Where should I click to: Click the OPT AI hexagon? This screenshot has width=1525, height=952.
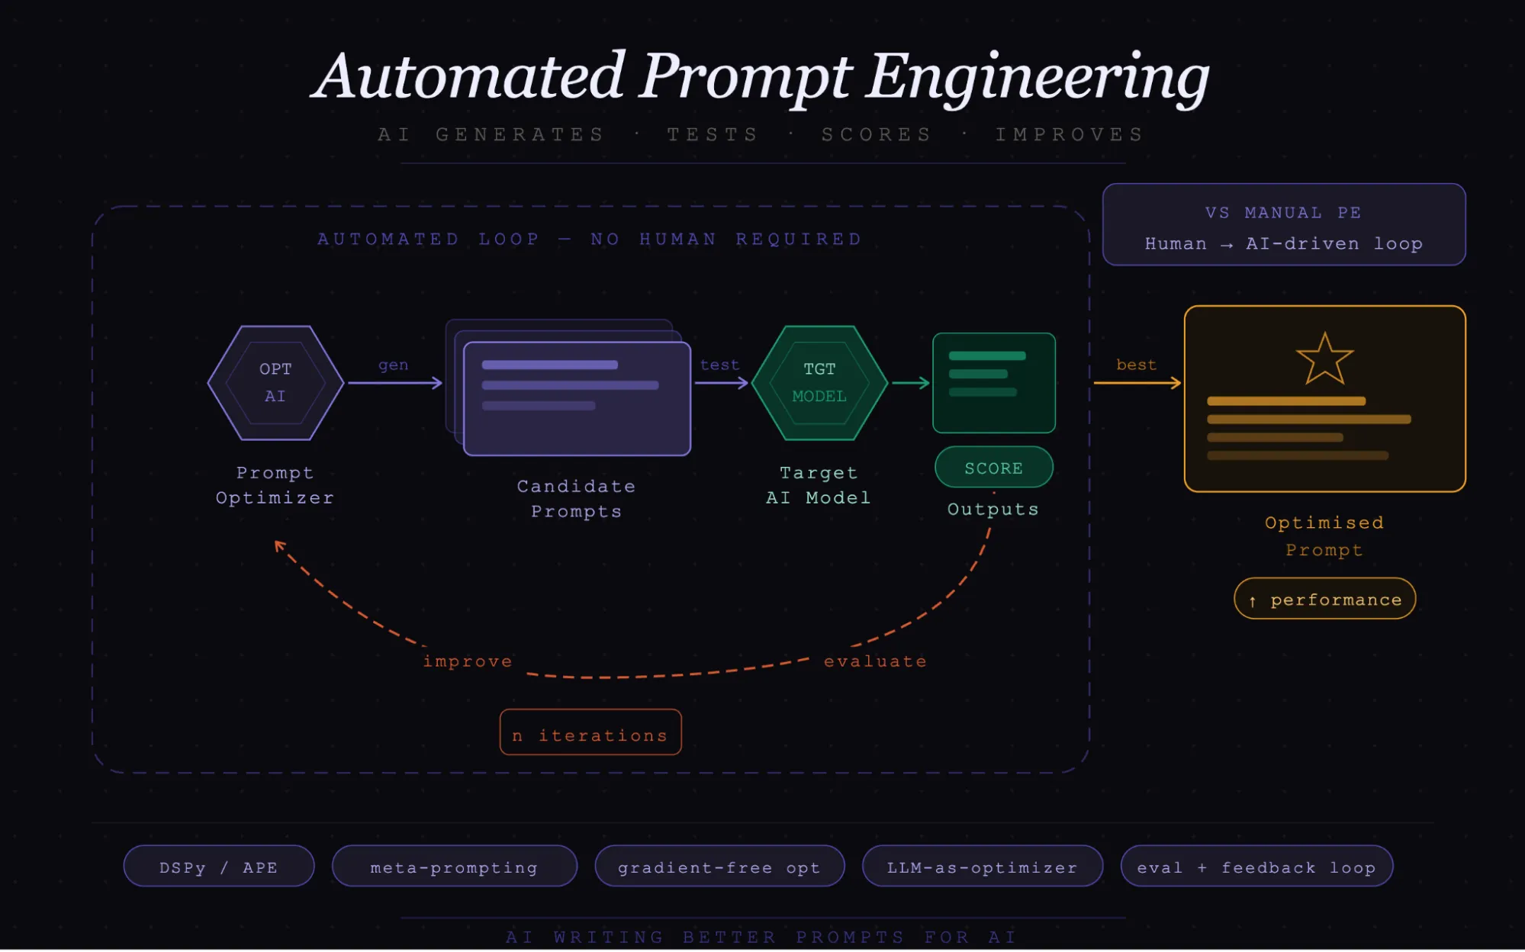275,382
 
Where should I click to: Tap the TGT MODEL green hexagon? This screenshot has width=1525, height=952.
819,382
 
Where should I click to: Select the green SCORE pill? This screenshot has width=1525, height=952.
993,468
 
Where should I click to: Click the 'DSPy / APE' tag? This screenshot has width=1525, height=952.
219,867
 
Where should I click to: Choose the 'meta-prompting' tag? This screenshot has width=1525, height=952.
454,867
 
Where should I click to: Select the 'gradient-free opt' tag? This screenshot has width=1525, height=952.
719,867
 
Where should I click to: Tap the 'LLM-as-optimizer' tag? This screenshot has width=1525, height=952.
982,867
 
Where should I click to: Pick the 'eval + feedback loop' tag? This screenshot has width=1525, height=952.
1256,867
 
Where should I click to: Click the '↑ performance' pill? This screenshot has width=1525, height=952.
1324,599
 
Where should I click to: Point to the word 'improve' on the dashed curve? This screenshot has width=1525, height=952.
467,661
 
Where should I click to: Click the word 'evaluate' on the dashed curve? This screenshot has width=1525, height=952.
875,661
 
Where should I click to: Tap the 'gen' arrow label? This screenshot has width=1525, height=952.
393,365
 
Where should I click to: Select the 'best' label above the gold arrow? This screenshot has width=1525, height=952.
1136,365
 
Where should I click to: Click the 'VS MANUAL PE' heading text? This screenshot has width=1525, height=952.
1283,213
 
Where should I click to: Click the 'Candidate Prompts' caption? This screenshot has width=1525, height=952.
576,498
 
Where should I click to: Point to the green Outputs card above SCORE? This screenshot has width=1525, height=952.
993,382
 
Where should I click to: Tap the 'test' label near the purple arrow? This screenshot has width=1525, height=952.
719,365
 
